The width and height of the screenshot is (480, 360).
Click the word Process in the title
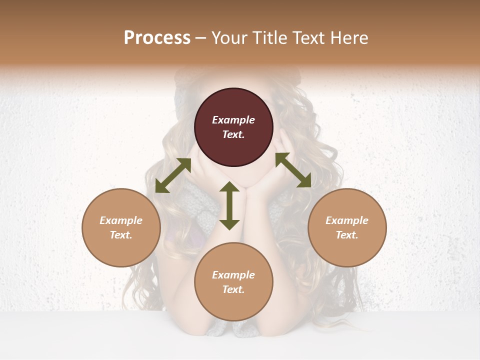pos(157,38)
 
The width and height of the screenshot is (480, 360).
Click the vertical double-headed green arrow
pos(229,205)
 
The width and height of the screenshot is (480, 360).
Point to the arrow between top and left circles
pos(173,175)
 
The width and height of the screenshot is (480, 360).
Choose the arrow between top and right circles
pos(293,170)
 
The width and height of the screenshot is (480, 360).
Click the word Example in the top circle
pos(233,120)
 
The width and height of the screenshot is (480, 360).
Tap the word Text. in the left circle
pos(121,235)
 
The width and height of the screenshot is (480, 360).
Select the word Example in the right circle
pos(347,220)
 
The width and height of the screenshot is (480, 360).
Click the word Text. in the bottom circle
pos(233,289)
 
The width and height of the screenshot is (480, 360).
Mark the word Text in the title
pos(309,38)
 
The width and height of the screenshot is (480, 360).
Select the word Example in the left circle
pos(121,220)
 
